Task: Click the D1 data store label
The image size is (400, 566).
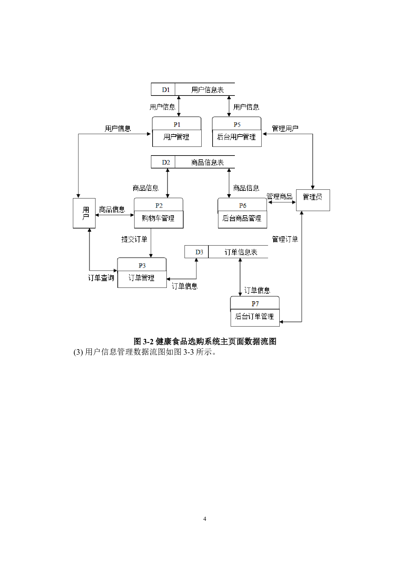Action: [x=166, y=90]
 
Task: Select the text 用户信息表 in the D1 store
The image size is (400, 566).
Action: [x=207, y=90]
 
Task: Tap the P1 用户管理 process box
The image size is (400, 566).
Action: [x=177, y=132]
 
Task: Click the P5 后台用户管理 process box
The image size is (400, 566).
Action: [x=237, y=132]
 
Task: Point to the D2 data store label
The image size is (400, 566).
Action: [x=166, y=162]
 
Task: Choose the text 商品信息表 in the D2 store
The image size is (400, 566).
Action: [x=207, y=162]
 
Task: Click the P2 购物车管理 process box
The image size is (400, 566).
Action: [x=158, y=213]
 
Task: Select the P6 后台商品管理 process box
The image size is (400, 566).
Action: [x=242, y=213]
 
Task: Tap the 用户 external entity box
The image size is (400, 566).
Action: [x=84, y=213]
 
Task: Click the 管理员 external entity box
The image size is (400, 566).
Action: [x=313, y=200]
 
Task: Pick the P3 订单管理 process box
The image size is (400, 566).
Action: [x=142, y=273]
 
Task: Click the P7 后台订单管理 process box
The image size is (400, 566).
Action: [x=255, y=311]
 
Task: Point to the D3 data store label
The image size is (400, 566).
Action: [x=199, y=252]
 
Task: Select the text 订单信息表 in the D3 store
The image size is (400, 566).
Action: [x=241, y=252]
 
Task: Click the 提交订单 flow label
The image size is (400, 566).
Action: [x=134, y=239]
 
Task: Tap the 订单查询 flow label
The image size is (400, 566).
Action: [x=101, y=278]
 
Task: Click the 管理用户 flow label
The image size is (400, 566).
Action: [x=285, y=128]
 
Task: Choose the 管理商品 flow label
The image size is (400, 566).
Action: [x=279, y=197]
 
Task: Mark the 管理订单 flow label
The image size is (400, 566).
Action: [x=285, y=239]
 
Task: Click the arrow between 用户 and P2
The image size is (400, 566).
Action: [x=115, y=215]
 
